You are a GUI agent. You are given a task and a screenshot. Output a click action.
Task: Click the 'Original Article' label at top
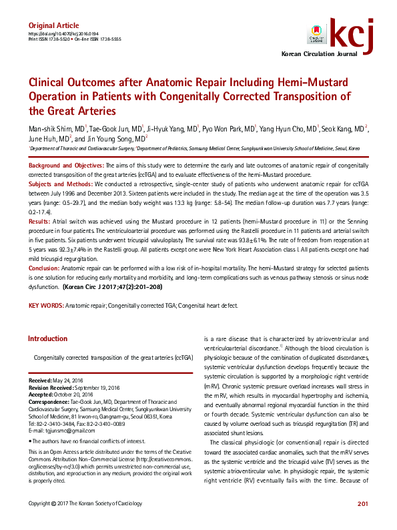pos(53,25)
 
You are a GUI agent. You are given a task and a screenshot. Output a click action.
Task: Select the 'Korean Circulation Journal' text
pos(325,53)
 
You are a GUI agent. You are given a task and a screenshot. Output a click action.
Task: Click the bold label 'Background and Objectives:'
pos(65,164)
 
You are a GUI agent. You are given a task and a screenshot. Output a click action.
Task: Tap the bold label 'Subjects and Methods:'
pos(61,183)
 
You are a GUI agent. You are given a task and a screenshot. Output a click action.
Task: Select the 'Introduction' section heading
pos(48,338)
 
